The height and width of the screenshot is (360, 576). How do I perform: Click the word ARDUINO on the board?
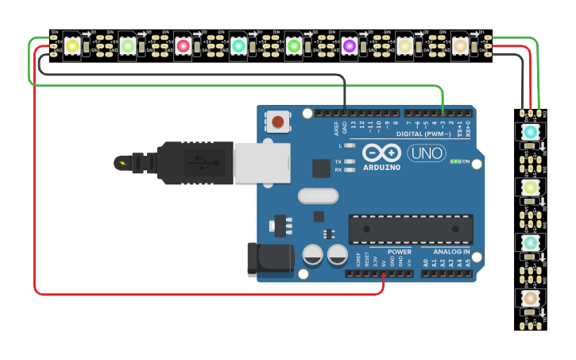tap(382, 168)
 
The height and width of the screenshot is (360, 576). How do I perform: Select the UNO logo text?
tap(426, 153)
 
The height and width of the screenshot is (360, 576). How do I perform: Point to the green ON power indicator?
tap(455, 161)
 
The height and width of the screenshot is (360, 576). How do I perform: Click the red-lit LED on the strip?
tap(183, 46)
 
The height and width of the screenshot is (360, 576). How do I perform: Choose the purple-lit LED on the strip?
tap(349, 46)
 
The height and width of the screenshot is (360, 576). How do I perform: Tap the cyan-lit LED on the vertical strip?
tap(530, 131)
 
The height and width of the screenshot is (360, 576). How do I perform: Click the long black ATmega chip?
tap(410, 229)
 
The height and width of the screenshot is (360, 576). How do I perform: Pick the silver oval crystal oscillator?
tap(318, 195)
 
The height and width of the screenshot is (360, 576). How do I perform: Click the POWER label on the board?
tap(399, 252)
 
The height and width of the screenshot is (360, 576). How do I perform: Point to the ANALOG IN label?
tap(451, 252)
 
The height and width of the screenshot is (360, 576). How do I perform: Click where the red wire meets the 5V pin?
tap(385, 274)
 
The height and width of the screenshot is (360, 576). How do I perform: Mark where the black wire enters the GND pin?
tap(345, 113)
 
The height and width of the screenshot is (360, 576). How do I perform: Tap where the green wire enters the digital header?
tap(443, 113)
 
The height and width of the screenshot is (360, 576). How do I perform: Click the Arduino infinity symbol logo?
tap(382, 153)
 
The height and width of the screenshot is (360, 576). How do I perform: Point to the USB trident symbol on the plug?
tap(205, 164)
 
